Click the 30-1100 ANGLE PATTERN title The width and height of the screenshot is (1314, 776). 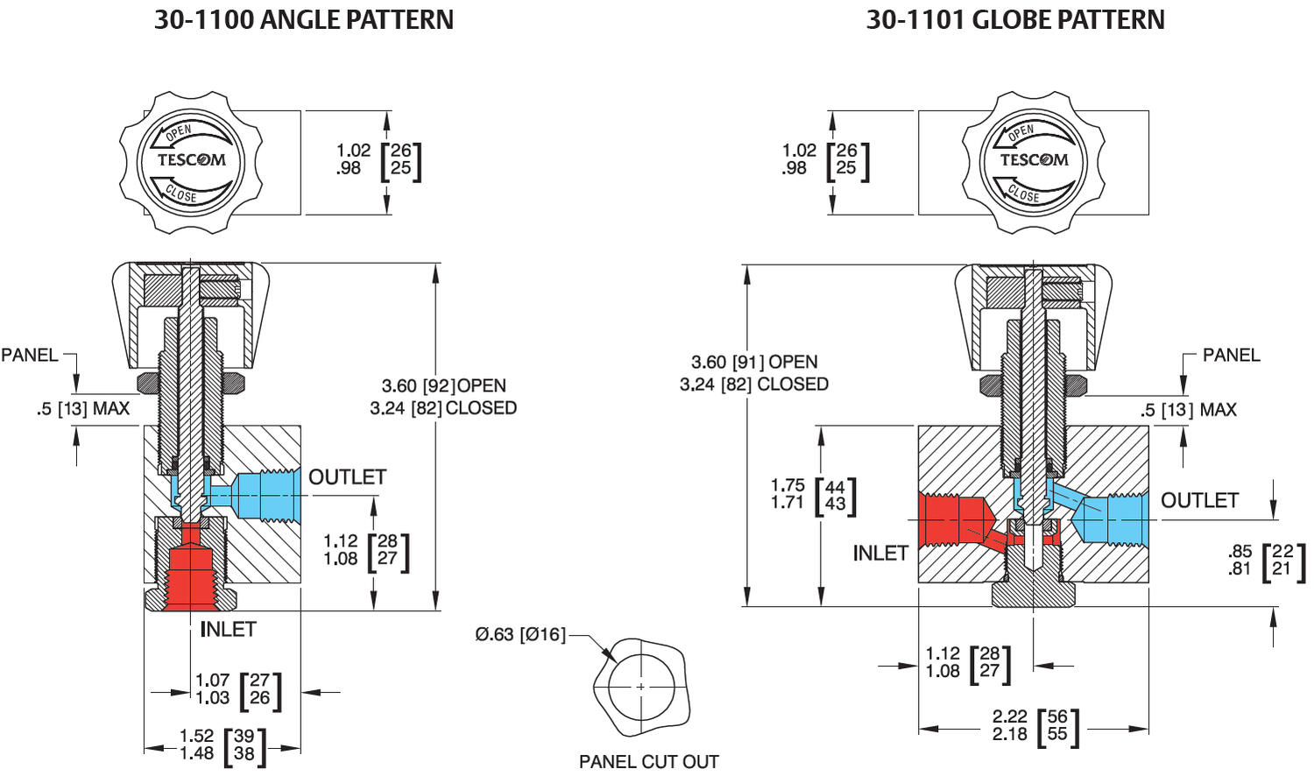(x=304, y=19)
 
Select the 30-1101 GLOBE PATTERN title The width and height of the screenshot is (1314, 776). (x=1015, y=19)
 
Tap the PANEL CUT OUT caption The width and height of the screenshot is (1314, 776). (x=648, y=761)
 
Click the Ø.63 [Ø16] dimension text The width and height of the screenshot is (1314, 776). (x=520, y=634)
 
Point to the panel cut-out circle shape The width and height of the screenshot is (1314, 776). (x=641, y=687)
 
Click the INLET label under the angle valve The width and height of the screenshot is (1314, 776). (x=228, y=629)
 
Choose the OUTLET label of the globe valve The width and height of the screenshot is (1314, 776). (x=1199, y=500)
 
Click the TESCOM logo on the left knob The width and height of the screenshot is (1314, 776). (x=191, y=160)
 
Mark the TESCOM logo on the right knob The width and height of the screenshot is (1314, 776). (x=1034, y=160)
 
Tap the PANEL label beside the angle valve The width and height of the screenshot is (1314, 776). (x=30, y=355)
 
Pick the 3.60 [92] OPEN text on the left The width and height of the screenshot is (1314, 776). (x=443, y=385)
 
